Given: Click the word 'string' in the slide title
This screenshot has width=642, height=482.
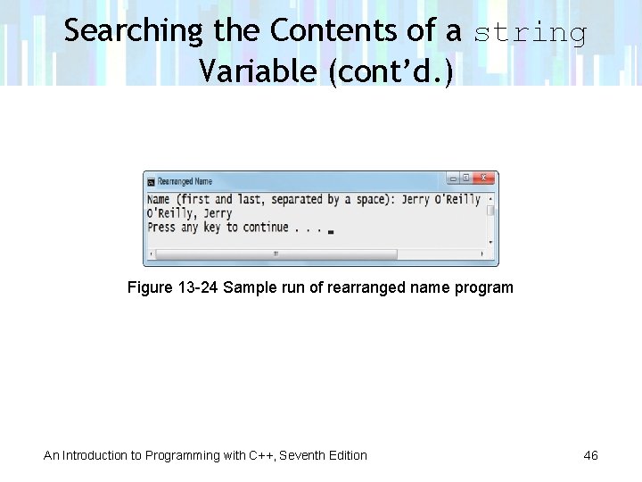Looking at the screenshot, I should pyautogui.click(x=530, y=33).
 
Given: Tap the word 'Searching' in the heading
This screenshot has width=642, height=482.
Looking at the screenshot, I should pyautogui.click(x=134, y=31).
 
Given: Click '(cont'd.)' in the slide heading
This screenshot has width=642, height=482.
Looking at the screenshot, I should pyautogui.click(x=391, y=71).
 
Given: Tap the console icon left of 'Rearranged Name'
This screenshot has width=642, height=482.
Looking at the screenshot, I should pyautogui.click(x=152, y=182).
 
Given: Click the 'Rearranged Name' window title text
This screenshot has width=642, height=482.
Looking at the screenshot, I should pyautogui.click(x=185, y=182).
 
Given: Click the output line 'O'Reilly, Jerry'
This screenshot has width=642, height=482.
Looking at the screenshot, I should pyautogui.click(x=189, y=213).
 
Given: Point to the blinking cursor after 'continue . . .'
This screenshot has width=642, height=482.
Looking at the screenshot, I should pyautogui.click(x=331, y=231).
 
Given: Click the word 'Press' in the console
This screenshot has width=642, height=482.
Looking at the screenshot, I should pyautogui.click(x=161, y=228).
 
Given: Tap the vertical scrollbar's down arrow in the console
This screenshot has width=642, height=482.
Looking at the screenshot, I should pyautogui.click(x=490, y=242).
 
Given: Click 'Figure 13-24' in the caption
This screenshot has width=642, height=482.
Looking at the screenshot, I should pyautogui.click(x=173, y=287).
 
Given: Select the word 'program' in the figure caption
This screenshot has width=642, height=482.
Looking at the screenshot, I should pyautogui.click(x=486, y=287).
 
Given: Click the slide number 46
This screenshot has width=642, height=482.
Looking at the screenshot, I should pyautogui.click(x=590, y=455).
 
